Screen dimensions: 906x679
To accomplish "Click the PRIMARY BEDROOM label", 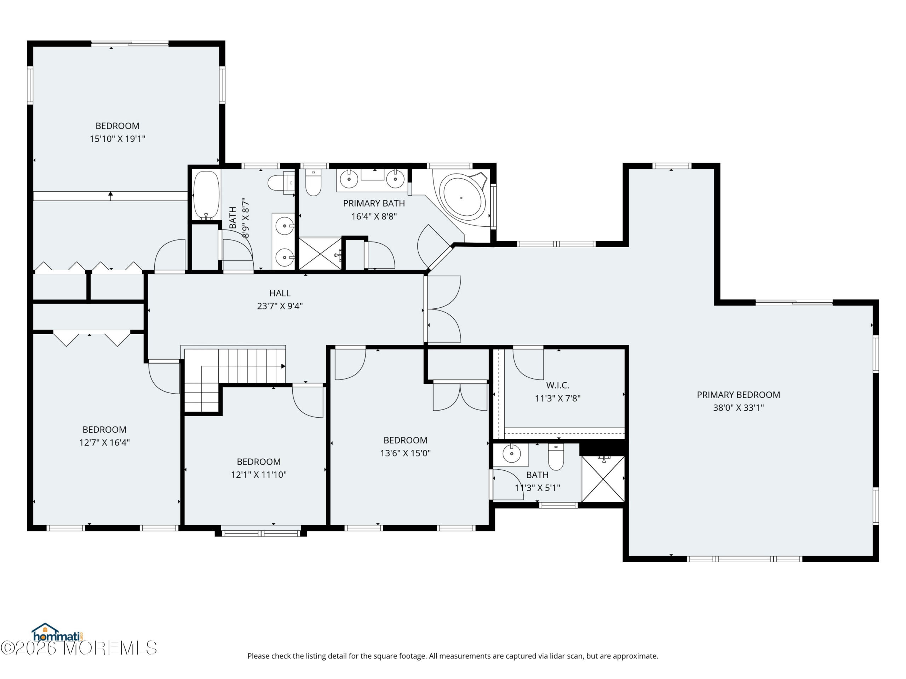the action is click(738, 395).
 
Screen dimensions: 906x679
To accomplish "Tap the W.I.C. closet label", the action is click(557, 385).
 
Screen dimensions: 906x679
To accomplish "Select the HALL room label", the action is click(280, 293).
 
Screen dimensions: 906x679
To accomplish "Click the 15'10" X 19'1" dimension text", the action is click(117, 139).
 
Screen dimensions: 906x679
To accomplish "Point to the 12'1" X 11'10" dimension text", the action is click(259, 474).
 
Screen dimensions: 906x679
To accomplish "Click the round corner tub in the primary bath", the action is click(462, 198).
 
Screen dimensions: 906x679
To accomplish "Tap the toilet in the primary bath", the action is click(313, 182).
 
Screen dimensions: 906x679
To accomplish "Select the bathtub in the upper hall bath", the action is click(206, 195).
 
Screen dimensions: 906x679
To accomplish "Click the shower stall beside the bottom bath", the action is click(603, 479).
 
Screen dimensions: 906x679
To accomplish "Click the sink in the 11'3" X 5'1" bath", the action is click(511, 453).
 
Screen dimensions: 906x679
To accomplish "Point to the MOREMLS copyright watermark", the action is click(79, 648).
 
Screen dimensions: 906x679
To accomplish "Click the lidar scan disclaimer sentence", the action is click(453, 656).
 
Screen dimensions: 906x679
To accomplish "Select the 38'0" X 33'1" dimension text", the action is click(738, 408).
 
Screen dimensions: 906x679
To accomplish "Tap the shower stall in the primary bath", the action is click(320, 254).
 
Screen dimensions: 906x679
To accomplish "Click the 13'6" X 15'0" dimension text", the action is click(406, 453).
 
